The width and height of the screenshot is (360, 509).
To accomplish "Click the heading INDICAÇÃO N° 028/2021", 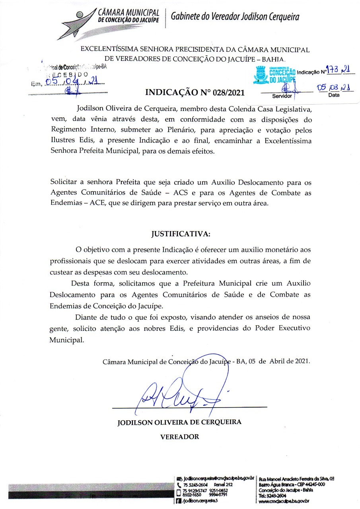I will [195, 93].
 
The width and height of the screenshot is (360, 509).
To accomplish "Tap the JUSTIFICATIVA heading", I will [180, 233].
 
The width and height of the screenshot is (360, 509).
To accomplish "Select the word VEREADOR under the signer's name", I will [179, 437].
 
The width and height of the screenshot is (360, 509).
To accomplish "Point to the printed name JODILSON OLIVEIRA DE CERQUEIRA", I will [179, 422].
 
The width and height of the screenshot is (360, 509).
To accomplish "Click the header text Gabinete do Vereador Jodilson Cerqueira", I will [235, 17].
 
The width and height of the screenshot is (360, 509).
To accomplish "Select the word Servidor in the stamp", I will [282, 96].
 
